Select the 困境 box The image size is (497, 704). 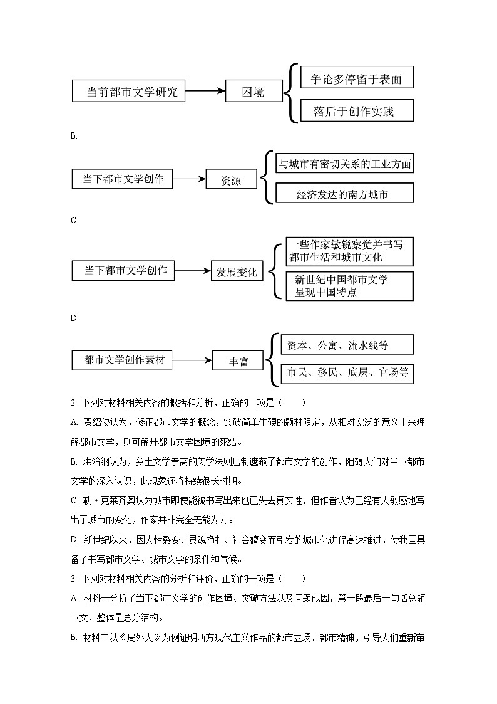pos(253,92)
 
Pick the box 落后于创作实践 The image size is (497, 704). pos(357,111)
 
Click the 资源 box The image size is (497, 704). pos(231,180)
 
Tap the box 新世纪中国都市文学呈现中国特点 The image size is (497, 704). pos(350,286)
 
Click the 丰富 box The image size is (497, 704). pos(238,361)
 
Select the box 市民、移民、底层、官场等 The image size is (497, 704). pos(347,373)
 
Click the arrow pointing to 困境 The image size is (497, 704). pos(205,92)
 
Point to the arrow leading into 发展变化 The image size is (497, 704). pos(193,271)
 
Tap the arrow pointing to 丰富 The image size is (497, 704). pos(193,360)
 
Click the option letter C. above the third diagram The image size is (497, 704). pos(74,220)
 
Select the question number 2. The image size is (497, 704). pos(74,402)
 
